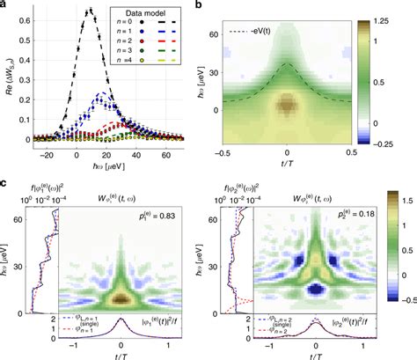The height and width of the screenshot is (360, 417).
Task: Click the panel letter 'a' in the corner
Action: [x=4, y=5]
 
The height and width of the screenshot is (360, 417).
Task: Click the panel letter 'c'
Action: [x=4, y=183]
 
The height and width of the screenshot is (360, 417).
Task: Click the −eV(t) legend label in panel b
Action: [x=277, y=32]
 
